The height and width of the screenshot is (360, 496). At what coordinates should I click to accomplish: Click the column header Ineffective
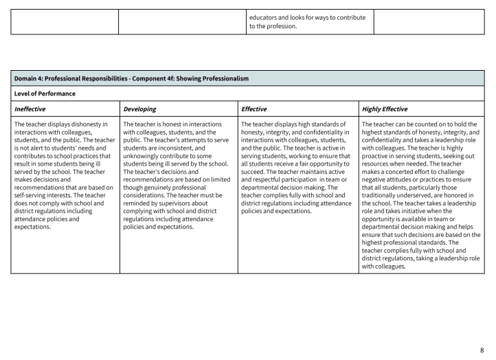(x=32, y=109)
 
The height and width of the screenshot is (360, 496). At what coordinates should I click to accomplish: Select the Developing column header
(x=139, y=109)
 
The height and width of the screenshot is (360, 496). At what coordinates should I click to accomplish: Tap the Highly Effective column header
(x=385, y=109)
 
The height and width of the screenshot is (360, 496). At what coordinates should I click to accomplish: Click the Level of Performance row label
(x=45, y=93)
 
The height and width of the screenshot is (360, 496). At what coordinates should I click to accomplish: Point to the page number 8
(x=482, y=350)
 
